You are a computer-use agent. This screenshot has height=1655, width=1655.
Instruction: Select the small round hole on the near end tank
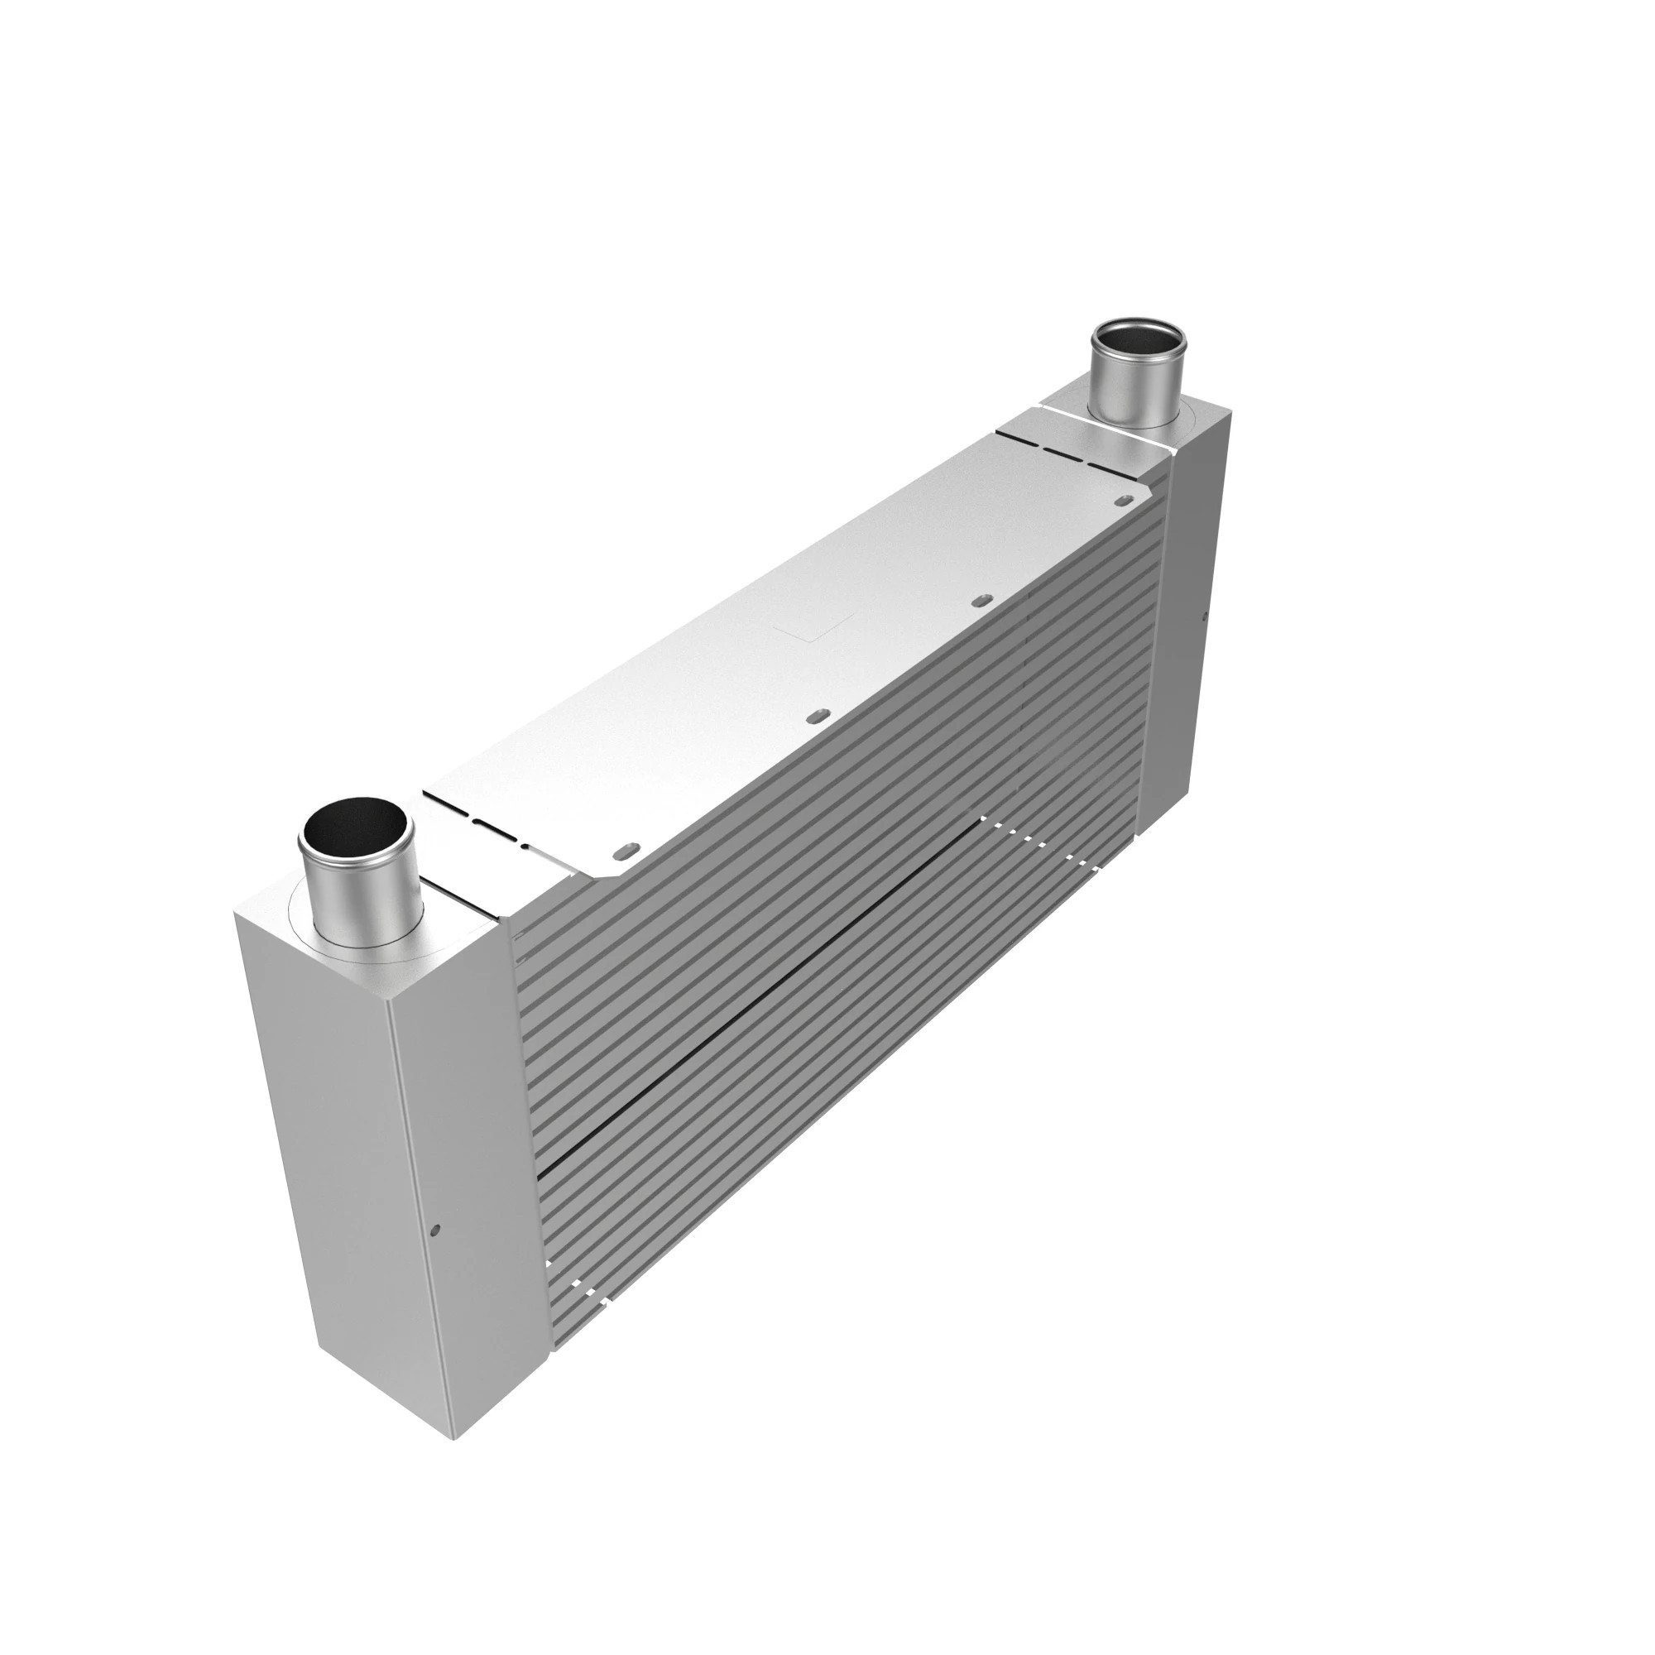click(x=435, y=1231)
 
